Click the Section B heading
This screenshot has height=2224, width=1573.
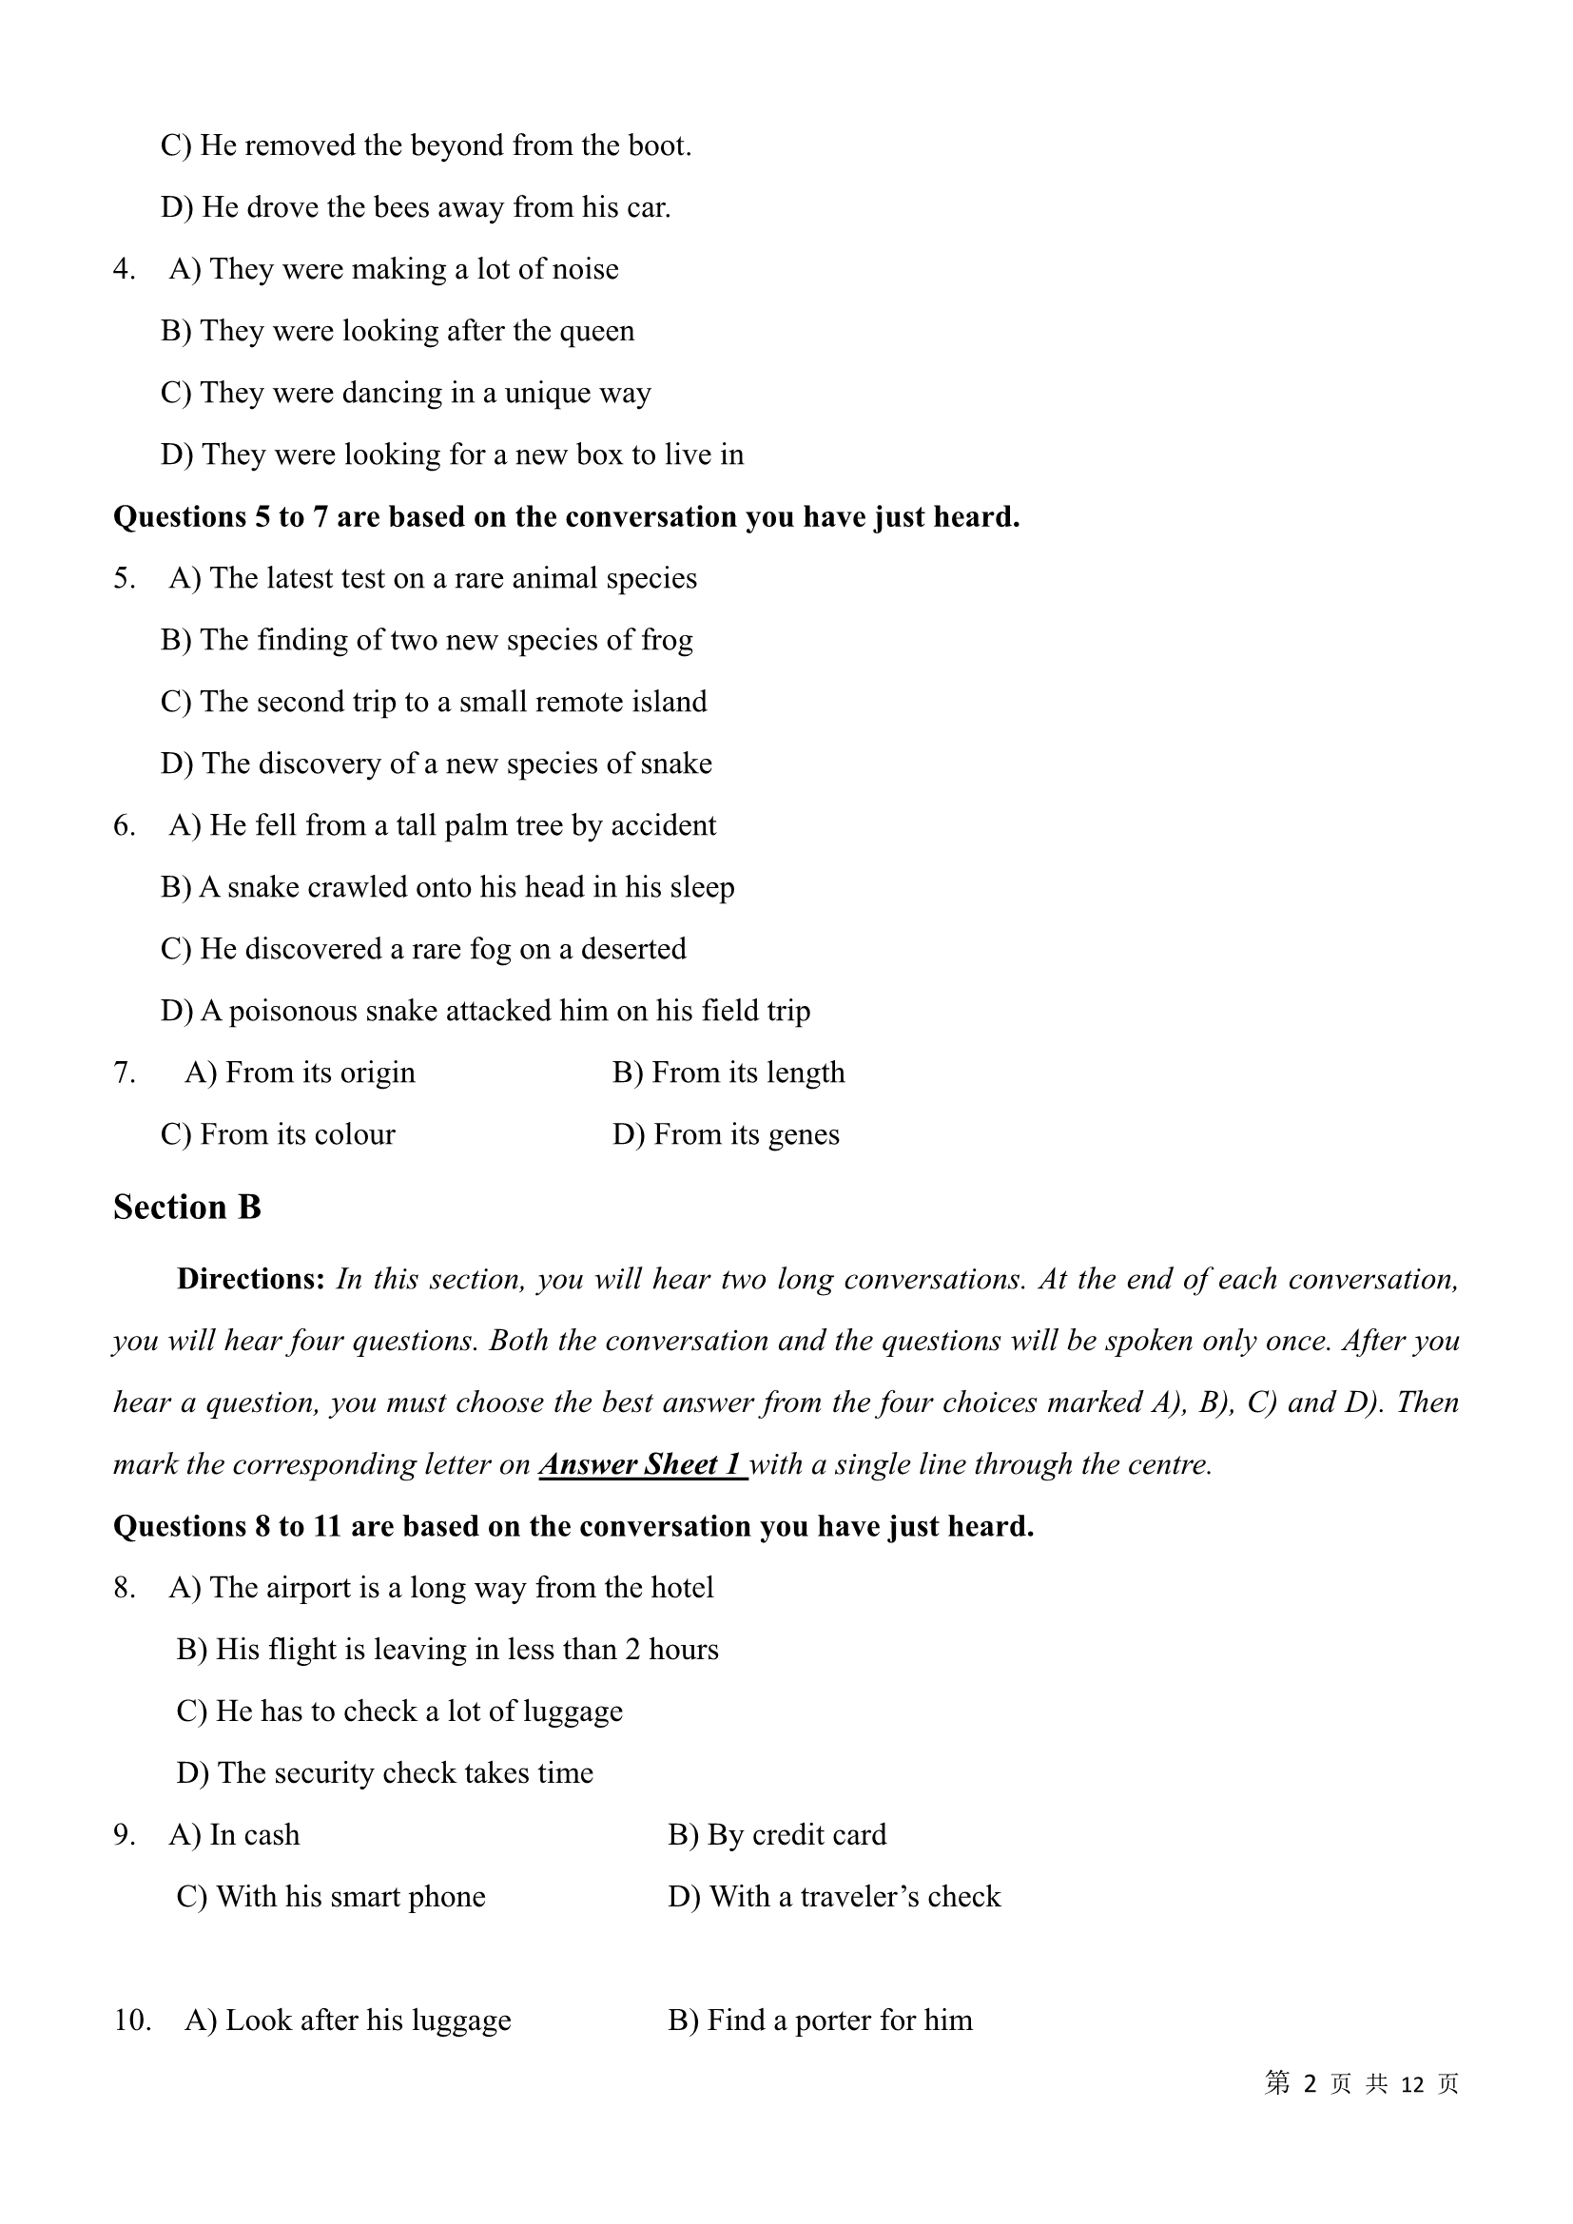[187, 1207]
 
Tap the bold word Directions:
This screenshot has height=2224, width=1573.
[251, 1279]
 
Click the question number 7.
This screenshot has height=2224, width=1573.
[123, 1073]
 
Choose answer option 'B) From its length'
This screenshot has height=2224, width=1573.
[728, 1073]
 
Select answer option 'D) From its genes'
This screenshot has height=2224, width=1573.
[726, 1134]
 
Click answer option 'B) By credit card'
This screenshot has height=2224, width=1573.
[777, 1834]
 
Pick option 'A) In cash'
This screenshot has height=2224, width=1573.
[234, 1834]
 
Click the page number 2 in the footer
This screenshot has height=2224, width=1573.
[1311, 2083]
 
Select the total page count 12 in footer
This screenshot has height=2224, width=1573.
[1412, 2083]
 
